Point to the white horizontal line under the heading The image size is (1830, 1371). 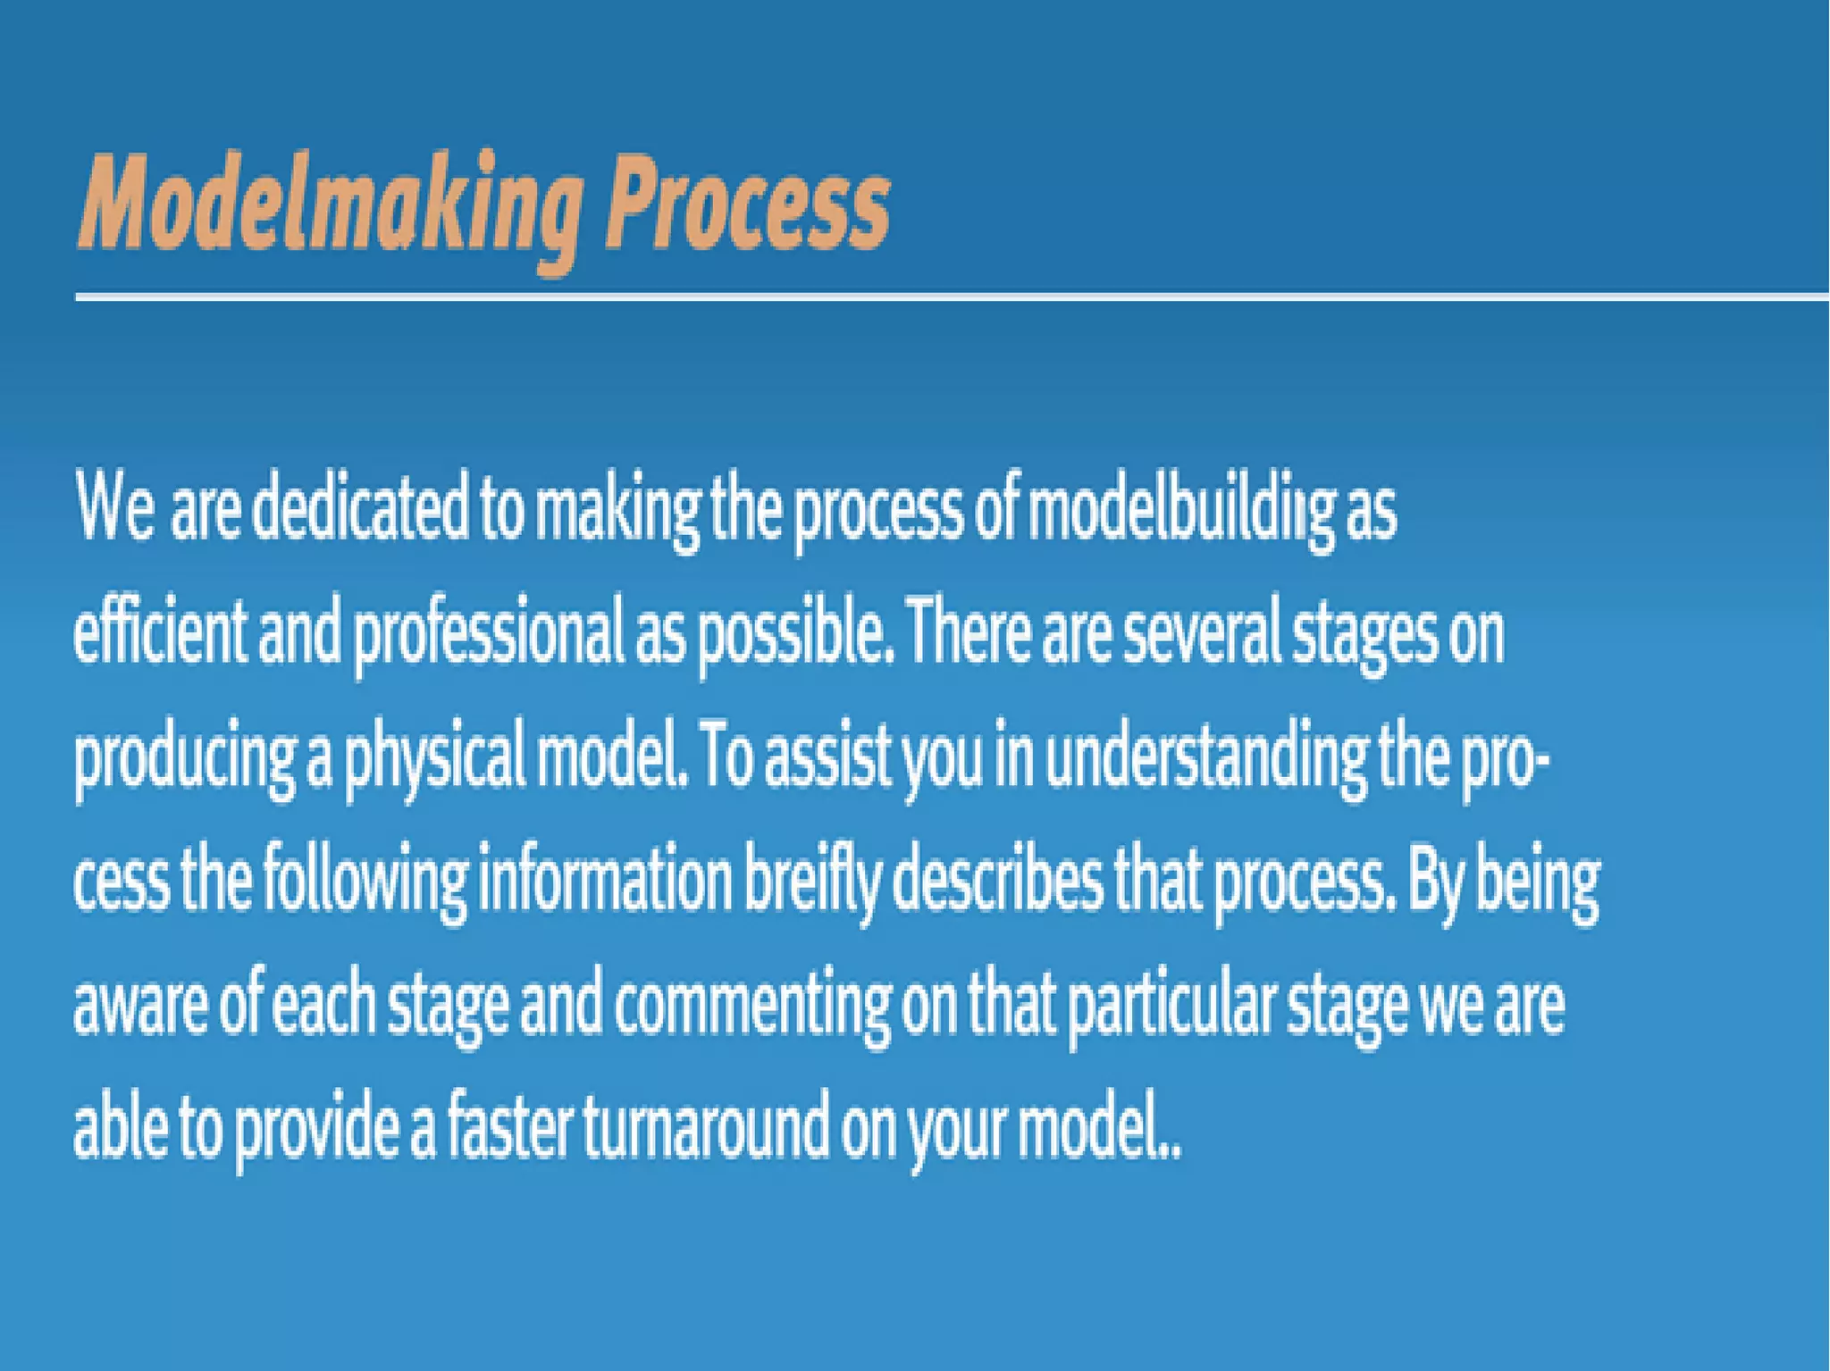point(947,297)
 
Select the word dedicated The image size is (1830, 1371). point(359,511)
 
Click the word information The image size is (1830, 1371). point(605,880)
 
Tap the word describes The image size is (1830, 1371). point(997,880)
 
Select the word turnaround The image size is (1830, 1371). point(705,1126)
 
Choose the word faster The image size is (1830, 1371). point(509,1124)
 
